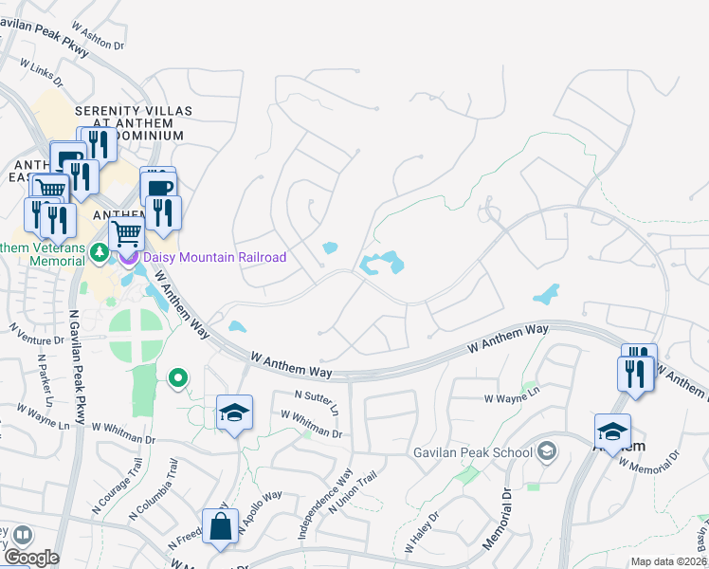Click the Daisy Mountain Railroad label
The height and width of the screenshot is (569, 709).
coord(214,257)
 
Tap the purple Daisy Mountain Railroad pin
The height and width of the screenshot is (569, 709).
coord(128,257)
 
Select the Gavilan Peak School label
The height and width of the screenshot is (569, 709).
coord(472,452)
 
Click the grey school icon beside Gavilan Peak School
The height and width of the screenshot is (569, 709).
coord(546,452)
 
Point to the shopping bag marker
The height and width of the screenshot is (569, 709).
coord(220,526)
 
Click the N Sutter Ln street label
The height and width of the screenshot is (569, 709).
coord(317,402)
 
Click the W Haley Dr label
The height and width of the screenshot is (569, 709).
coord(423,532)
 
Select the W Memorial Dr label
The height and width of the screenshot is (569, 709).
coord(649,460)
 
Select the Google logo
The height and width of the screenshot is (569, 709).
coord(31,558)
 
